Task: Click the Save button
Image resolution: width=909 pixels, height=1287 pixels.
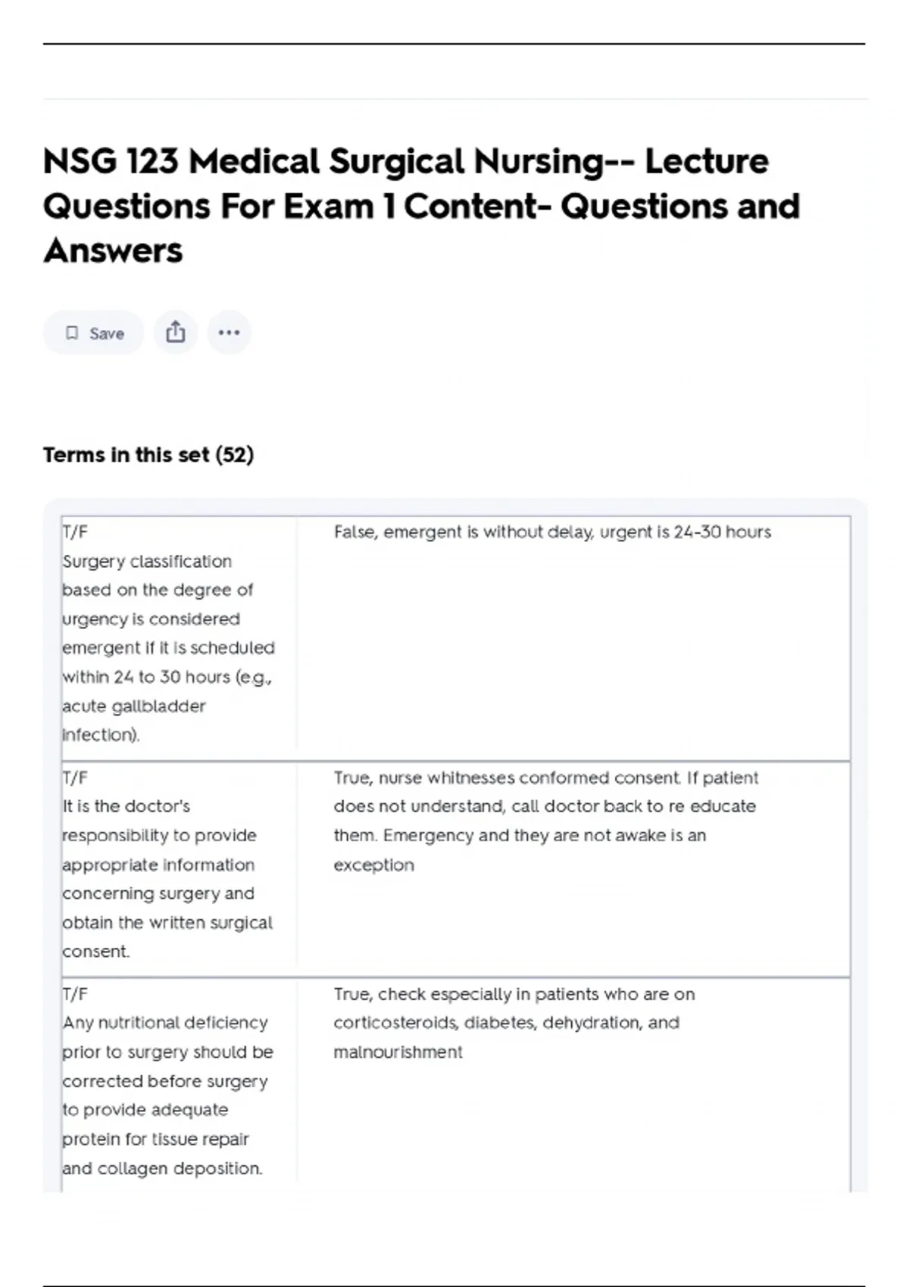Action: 94,333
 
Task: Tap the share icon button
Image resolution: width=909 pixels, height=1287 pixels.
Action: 176,332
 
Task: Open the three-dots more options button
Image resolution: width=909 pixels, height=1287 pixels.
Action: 229,332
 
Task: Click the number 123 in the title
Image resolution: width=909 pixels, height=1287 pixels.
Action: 152,161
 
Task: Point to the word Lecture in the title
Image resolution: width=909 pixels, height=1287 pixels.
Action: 707,161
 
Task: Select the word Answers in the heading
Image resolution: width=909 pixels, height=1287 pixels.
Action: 113,251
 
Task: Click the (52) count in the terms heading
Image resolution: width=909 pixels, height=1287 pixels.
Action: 235,455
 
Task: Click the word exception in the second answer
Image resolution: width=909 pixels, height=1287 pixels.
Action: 374,865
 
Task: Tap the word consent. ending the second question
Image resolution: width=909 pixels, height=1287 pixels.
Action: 96,952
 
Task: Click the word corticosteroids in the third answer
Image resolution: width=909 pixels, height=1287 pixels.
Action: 395,1023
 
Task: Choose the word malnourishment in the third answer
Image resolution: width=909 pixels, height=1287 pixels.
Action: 398,1052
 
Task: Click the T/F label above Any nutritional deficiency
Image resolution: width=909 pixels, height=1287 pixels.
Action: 75,994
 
